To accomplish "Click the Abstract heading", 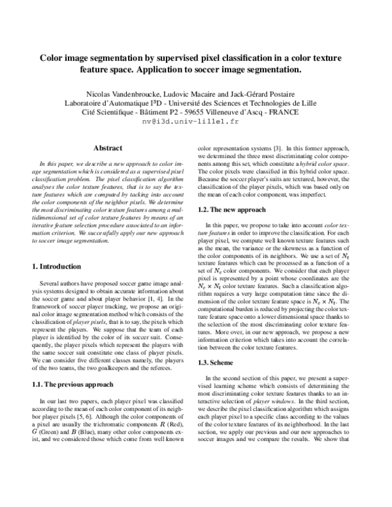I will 108,148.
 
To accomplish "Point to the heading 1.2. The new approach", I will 231,210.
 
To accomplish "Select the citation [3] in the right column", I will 278,149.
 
